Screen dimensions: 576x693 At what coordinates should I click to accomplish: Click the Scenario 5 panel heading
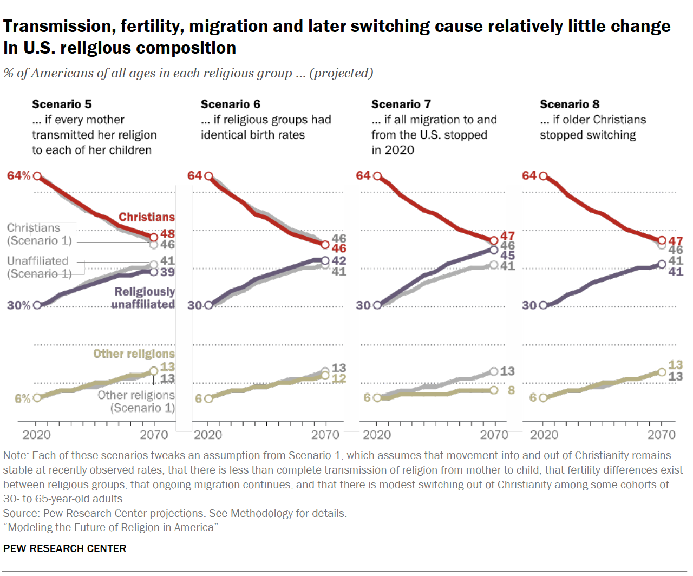tap(62, 104)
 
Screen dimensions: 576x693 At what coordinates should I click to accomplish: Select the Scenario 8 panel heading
tap(570, 104)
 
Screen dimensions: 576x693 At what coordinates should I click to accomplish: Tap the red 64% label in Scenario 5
tap(18, 176)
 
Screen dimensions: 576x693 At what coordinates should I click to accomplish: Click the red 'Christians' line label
tap(147, 217)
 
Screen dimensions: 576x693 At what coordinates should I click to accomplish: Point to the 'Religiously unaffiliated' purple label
tap(144, 298)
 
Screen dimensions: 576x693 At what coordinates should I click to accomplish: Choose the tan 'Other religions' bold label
tap(134, 354)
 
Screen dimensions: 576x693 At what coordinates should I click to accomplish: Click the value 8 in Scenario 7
tap(511, 390)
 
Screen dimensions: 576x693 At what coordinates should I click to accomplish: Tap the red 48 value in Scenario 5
tap(167, 234)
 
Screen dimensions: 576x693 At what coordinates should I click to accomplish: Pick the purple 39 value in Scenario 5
tap(167, 272)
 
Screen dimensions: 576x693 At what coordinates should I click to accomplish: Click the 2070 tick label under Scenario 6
tap(325, 435)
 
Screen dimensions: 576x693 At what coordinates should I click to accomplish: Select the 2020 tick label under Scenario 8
tap(544, 435)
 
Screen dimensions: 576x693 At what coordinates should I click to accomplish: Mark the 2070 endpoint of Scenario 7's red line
tap(494, 240)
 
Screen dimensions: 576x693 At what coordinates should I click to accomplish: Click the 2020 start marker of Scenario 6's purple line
tap(208, 305)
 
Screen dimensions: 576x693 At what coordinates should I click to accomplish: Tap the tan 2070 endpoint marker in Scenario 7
tap(494, 390)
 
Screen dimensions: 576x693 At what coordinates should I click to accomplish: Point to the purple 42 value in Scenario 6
tap(339, 260)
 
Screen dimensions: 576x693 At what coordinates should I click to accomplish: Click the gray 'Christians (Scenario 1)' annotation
tap(39, 234)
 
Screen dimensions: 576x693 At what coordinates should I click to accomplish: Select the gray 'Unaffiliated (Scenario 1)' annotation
tap(39, 267)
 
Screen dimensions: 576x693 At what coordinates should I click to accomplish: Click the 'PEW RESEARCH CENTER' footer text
tap(64, 548)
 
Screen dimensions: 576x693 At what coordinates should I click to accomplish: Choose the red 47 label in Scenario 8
tap(676, 241)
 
